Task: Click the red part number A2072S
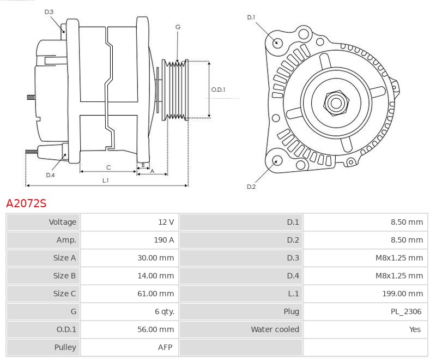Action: tap(26, 204)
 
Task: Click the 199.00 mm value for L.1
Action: tap(403, 293)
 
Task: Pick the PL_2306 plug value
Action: tap(407, 311)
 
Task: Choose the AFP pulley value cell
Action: tap(165, 347)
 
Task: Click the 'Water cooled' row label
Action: tap(275, 329)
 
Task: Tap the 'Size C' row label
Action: tap(64, 293)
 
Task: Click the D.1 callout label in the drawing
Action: tap(251, 17)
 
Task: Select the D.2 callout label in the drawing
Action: tap(251, 187)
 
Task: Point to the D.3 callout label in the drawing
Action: tap(49, 11)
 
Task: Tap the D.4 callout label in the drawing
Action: tap(50, 175)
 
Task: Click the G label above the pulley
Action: tap(178, 27)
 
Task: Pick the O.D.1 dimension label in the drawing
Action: tap(219, 89)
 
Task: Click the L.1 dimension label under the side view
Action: tap(106, 181)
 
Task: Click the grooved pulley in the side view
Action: tap(175, 89)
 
